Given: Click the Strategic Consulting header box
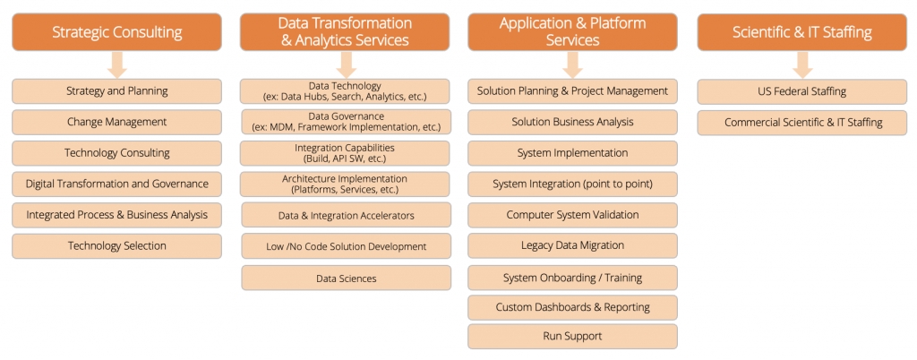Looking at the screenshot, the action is [x=117, y=32].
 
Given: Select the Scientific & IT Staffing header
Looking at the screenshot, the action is [x=801, y=32].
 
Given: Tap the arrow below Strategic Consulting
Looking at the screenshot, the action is [x=117, y=64].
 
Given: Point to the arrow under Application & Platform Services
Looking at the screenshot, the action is [x=572, y=64].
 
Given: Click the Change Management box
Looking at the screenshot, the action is [x=117, y=122].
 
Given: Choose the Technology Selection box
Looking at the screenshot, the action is [x=117, y=246].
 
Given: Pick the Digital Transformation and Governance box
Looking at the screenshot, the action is [x=117, y=184].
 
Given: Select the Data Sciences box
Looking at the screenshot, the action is [x=347, y=279].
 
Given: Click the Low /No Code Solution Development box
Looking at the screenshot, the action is [x=347, y=246].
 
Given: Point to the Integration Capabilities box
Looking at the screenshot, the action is [x=345, y=153].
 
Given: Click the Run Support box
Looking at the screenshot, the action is [x=572, y=337].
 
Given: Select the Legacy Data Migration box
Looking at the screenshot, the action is [x=572, y=245].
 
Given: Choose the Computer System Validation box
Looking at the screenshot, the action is [x=572, y=215].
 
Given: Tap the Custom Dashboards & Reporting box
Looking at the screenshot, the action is [x=572, y=307].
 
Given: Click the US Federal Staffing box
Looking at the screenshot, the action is [x=801, y=91].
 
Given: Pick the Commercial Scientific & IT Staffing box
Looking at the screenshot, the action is [x=801, y=123].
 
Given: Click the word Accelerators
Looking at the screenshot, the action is [x=389, y=216].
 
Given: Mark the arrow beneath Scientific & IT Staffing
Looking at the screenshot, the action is [x=802, y=64].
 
